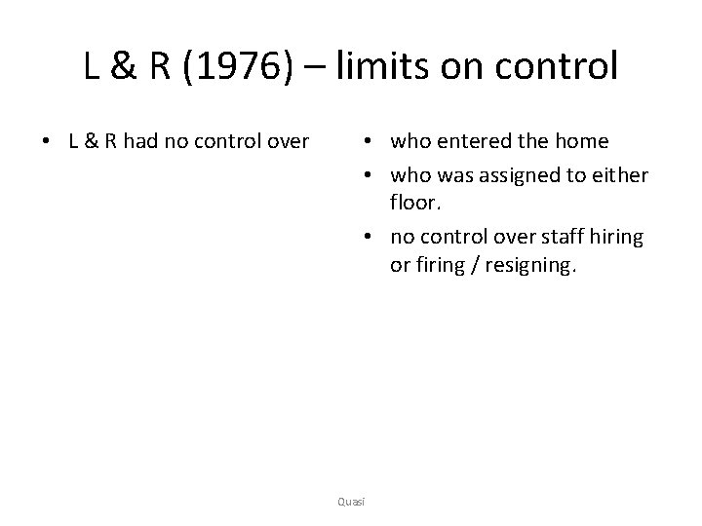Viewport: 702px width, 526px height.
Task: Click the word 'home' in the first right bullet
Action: (x=582, y=142)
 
